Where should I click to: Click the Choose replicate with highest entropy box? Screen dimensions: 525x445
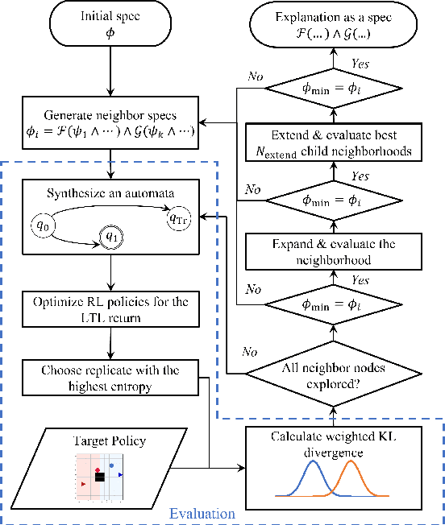110,378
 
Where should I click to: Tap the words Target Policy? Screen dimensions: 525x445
110,441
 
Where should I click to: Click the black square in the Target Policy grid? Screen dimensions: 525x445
99,477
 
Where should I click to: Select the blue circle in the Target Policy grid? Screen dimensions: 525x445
111,465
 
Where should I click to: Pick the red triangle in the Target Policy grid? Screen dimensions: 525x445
83,483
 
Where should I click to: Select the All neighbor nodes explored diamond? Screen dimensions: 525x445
333,373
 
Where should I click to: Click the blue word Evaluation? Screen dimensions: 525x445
202,513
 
